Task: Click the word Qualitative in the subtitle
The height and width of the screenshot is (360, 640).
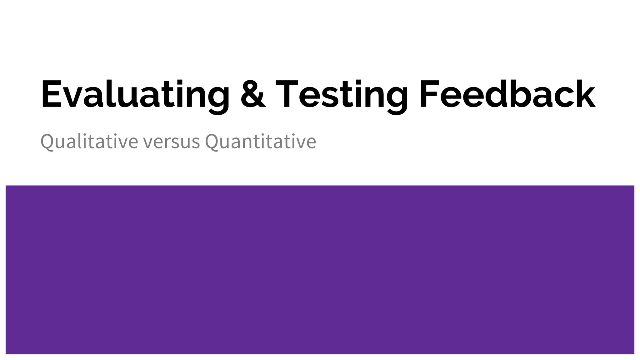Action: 89,141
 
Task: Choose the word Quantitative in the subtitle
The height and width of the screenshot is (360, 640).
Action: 260,141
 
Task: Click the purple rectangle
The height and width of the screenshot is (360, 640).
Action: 320,269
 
